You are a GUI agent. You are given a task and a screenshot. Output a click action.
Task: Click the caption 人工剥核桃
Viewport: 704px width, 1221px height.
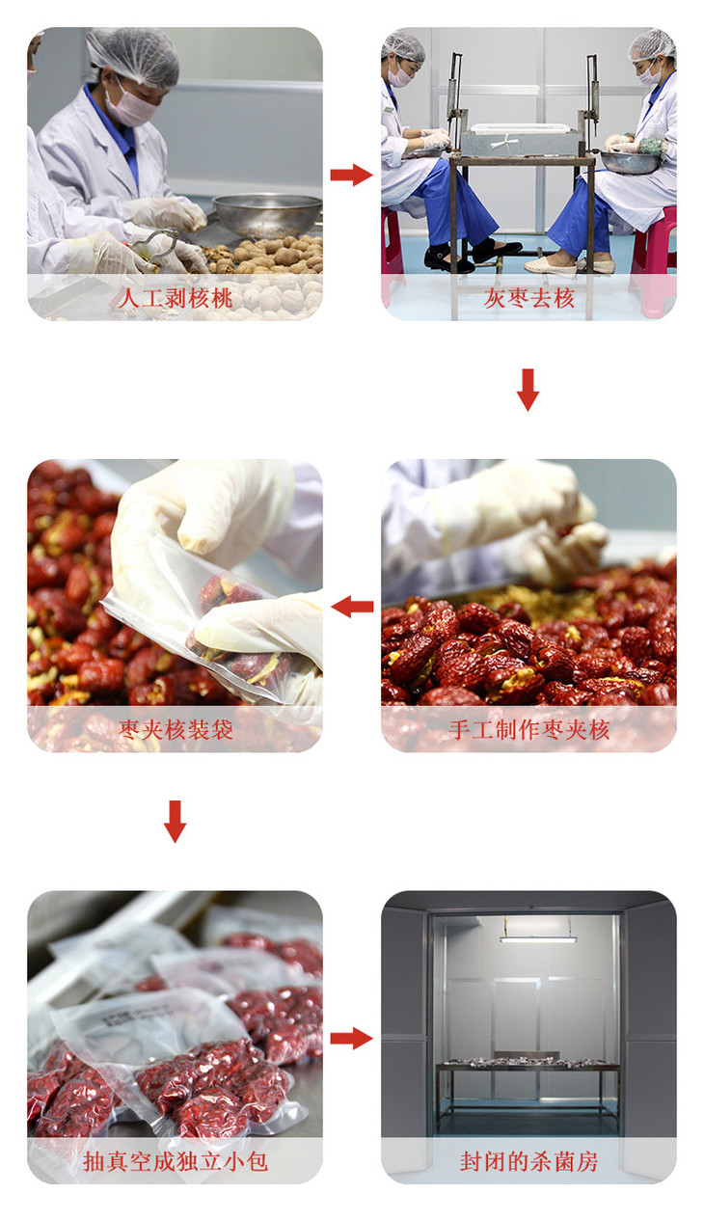click(176, 298)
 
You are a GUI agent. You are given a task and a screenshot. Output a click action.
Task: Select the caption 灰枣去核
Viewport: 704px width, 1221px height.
click(528, 298)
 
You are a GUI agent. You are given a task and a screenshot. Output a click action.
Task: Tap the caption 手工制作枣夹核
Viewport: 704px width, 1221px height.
click(528, 730)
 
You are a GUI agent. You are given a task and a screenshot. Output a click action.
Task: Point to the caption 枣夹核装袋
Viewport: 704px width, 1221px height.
click(176, 730)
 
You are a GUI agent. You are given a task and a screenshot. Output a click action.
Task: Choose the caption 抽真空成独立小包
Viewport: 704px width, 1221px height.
click(176, 1161)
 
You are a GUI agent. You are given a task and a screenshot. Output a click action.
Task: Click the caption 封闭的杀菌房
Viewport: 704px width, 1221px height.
click(528, 1161)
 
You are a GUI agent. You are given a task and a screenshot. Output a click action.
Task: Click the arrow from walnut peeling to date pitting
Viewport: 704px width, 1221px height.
click(351, 175)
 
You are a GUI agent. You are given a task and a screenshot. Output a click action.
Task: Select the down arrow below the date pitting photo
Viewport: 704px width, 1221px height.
click(528, 390)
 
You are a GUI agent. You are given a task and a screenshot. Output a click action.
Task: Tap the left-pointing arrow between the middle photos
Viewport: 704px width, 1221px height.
click(352, 606)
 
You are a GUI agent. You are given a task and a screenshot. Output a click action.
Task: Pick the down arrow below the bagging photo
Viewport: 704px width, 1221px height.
click(175, 822)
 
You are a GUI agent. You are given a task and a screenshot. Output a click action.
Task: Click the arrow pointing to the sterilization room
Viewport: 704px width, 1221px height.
click(351, 1038)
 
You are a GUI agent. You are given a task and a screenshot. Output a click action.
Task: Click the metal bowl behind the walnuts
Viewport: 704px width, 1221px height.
click(267, 214)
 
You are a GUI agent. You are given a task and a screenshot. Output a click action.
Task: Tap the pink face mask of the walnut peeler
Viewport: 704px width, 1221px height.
click(132, 105)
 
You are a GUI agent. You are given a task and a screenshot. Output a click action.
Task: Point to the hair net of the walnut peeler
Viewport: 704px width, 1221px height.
click(134, 56)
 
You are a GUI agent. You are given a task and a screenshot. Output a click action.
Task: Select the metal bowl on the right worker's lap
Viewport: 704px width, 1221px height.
click(631, 162)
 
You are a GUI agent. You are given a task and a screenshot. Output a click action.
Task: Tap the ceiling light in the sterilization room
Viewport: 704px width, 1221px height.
click(536, 938)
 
